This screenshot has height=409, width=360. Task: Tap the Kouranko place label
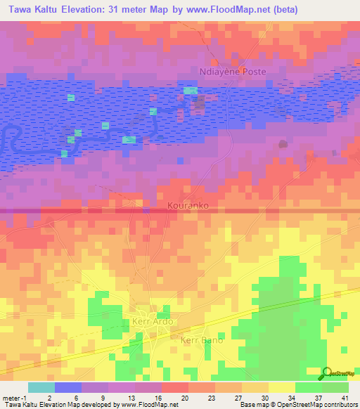point(188,207)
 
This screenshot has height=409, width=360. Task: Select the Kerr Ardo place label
point(152,322)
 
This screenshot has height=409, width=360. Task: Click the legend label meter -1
point(15,398)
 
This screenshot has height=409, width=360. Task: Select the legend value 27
point(243,398)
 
